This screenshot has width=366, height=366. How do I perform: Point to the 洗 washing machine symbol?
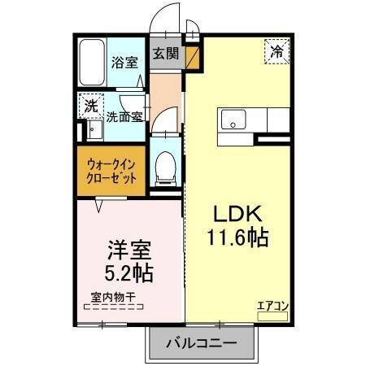point(91,106)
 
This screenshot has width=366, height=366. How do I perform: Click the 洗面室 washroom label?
point(125,115)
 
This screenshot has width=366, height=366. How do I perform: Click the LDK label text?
point(236,214)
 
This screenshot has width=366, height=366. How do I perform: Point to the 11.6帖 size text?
point(237,239)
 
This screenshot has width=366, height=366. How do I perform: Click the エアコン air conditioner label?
point(272,307)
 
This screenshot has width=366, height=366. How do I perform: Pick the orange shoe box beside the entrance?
point(192,58)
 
